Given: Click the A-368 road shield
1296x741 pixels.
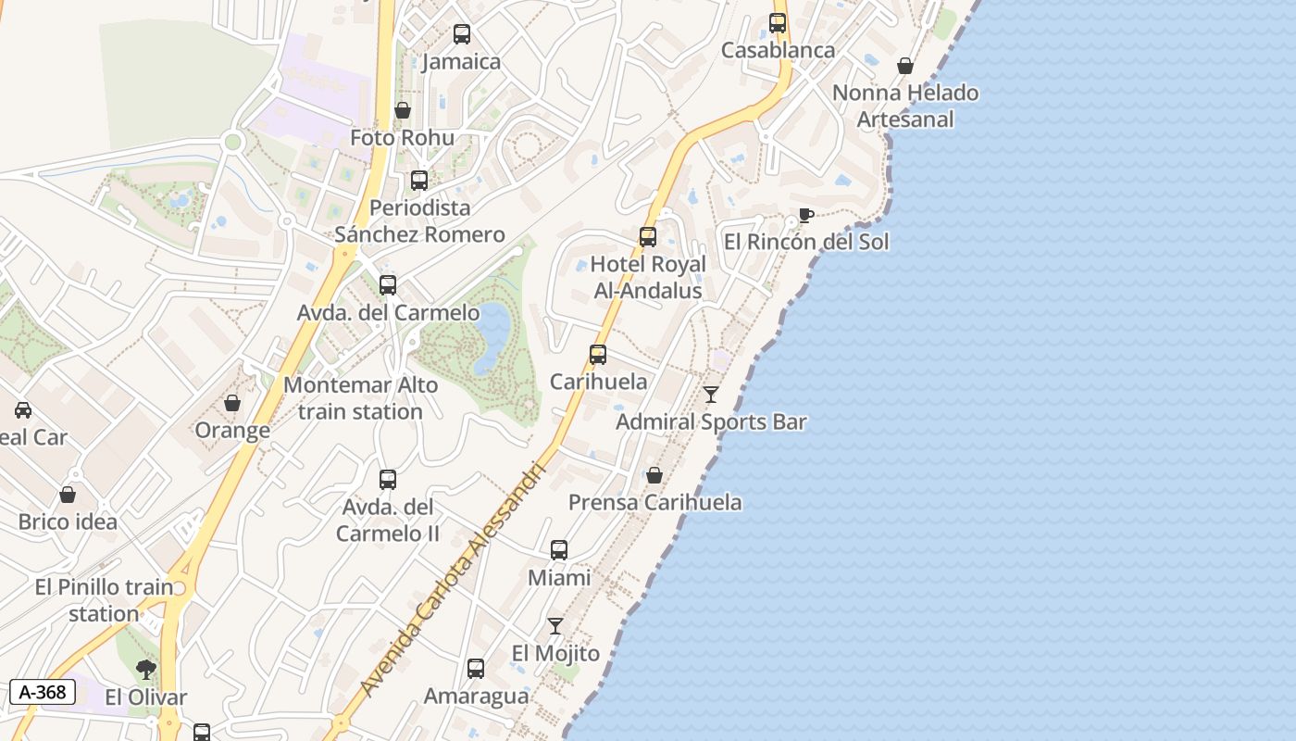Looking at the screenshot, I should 42,691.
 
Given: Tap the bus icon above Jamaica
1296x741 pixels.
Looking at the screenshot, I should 462,34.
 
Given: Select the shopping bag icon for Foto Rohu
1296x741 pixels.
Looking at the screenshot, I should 403,111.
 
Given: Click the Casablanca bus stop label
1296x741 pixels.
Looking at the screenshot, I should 778,50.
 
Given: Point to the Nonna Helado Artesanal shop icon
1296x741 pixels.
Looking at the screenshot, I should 905,66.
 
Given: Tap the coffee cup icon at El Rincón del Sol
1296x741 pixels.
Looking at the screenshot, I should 806,216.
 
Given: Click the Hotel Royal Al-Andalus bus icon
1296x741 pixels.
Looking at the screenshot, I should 648,237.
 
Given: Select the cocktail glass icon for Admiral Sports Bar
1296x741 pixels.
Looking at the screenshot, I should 711,395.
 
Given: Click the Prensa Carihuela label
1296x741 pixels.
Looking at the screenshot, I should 654,502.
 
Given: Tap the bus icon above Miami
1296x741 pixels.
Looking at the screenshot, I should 559,550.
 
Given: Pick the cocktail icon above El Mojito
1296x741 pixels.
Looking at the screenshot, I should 555,626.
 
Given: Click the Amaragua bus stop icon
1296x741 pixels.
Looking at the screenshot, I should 476,669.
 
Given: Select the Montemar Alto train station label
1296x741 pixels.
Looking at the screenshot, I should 361,398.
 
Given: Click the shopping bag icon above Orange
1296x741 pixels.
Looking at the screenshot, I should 232,403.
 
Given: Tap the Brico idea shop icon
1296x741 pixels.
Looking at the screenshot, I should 68,496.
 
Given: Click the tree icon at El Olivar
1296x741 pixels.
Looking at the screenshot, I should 145,670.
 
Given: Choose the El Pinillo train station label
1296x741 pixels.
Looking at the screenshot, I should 104,600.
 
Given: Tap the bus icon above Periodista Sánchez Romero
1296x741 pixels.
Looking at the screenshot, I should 419,181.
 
